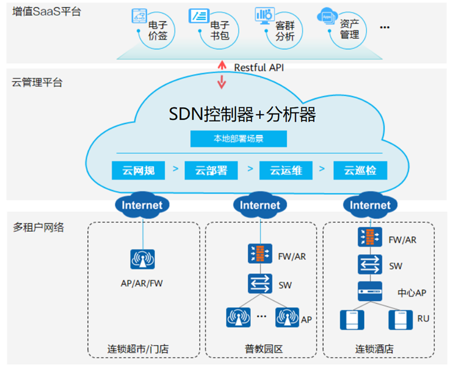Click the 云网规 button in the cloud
pyautogui.click(x=138, y=171)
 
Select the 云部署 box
pyautogui.click(x=212, y=171)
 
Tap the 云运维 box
pyautogui.click(x=286, y=171)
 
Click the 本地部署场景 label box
pyautogui.click(x=239, y=139)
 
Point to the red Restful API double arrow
pyautogui.click(x=221, y=75)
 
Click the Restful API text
pyautogui.click(x=259, y=68)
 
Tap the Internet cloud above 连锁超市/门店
pyautogui.click(x=143, y=205)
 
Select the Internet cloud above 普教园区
pyautogui.click(x=260, y=205)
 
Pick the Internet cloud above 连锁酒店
pyautogui.click(x=370, y=205)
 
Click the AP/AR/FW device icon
pyautogui.click(x=143, y=259)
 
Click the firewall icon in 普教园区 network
pyautogui.click(x=259, y=253)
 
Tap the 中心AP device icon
pyautogui.click(x=370, y=290)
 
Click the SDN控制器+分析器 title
pyautogui.click(x=242, y=115)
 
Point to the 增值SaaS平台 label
pyautogui.click(x=46, y=11)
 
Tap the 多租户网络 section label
pyautogui.click(x=38, y=227)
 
